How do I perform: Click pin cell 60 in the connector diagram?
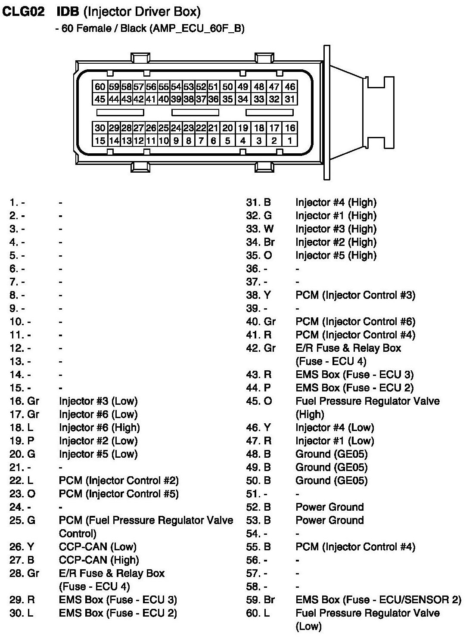click(100, 87)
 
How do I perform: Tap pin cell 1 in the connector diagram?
click(290, 140)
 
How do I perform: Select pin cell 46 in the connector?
click(290, 87)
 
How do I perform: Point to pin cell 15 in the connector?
click(100, 140)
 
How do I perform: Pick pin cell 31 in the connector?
click(290, 99)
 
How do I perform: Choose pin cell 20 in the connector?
click(227, 128)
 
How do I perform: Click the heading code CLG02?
click(23, 12)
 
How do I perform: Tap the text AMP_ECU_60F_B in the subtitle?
click(197, 28)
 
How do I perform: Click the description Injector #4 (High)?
click(336, 202)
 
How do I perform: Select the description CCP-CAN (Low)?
click(98, 547)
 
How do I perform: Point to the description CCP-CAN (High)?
click(99, 560)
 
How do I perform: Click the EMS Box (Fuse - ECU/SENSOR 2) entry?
click(378, 600)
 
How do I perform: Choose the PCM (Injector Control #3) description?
click(355, 295)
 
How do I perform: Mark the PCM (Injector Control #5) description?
click(119, 494)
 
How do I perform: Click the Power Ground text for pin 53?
click(329, 520)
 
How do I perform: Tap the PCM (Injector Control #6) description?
click(355, 322)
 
